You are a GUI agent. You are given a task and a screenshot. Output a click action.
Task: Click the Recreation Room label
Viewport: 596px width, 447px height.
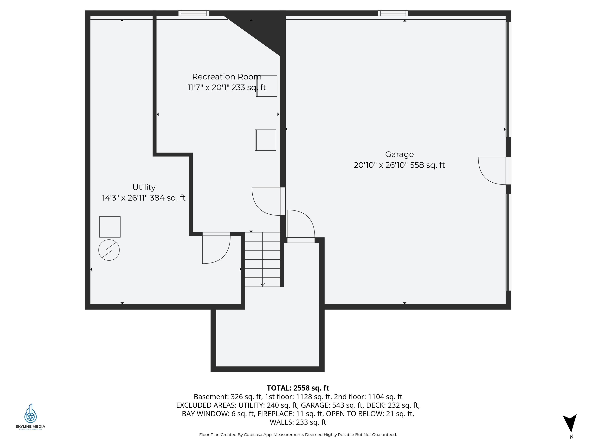point(227,77)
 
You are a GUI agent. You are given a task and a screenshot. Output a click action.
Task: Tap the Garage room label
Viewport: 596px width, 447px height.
point(399,154)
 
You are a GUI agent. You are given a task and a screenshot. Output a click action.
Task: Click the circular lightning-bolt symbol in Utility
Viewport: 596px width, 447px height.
point(109,250)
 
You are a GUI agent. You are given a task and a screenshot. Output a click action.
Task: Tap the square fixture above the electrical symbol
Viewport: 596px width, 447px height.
point(110,227)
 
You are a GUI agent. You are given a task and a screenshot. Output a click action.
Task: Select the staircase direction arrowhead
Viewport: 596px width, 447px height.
point(262,285)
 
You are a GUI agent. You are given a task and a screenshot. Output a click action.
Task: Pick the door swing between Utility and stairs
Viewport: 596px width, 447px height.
point(216,249)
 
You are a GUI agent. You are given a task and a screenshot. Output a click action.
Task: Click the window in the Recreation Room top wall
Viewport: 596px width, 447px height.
point(193,13)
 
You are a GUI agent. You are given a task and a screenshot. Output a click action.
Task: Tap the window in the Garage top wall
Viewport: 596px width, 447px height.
point(393,13)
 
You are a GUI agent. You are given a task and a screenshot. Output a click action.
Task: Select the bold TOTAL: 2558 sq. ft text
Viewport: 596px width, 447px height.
point(298,388)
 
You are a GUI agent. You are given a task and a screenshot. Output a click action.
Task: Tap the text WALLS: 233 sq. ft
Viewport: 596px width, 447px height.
point(298,422)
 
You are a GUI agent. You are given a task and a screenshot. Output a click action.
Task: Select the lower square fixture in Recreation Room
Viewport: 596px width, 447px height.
point(265,140)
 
